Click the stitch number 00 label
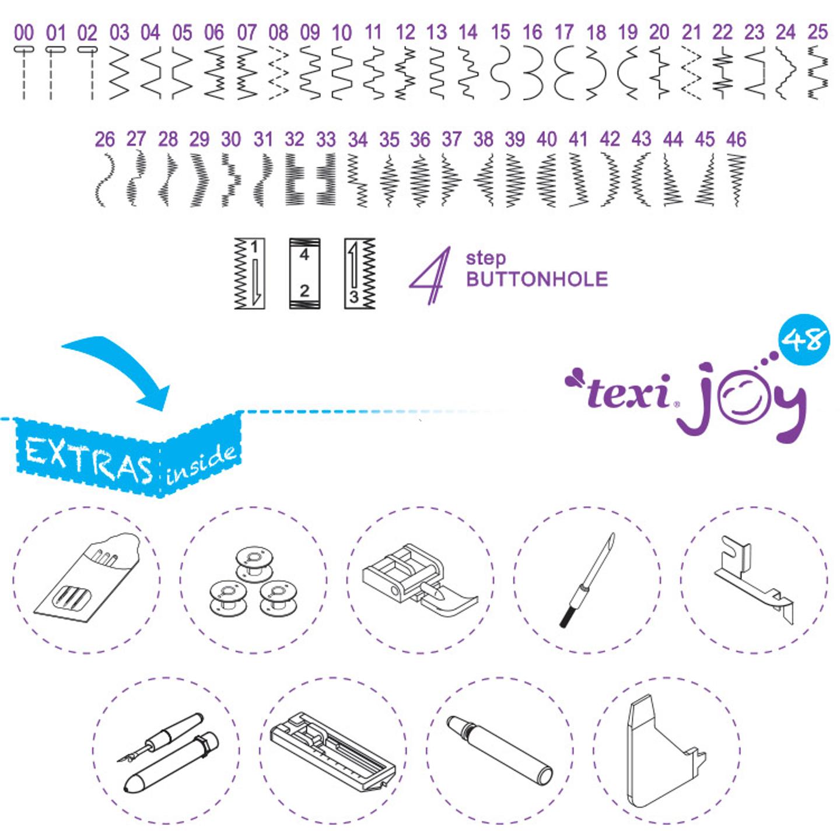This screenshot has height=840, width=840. pos(24,32)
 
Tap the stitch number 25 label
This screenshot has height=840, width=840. pos(817,32)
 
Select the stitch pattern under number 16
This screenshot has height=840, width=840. pos(532,73)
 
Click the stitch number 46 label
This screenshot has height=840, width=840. pos(736,139)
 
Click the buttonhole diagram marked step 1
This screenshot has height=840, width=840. pos(249,273)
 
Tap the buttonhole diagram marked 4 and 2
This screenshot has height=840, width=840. pos(304,273)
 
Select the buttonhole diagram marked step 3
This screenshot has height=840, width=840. pos(359,273)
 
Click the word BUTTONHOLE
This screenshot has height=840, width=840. pos(537,279)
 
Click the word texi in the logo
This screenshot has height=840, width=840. pos(628,393)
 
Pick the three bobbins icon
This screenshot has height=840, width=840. pos(253,581)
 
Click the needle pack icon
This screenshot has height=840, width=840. pos(86,580)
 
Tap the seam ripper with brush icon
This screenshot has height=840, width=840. pos(587,580)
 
